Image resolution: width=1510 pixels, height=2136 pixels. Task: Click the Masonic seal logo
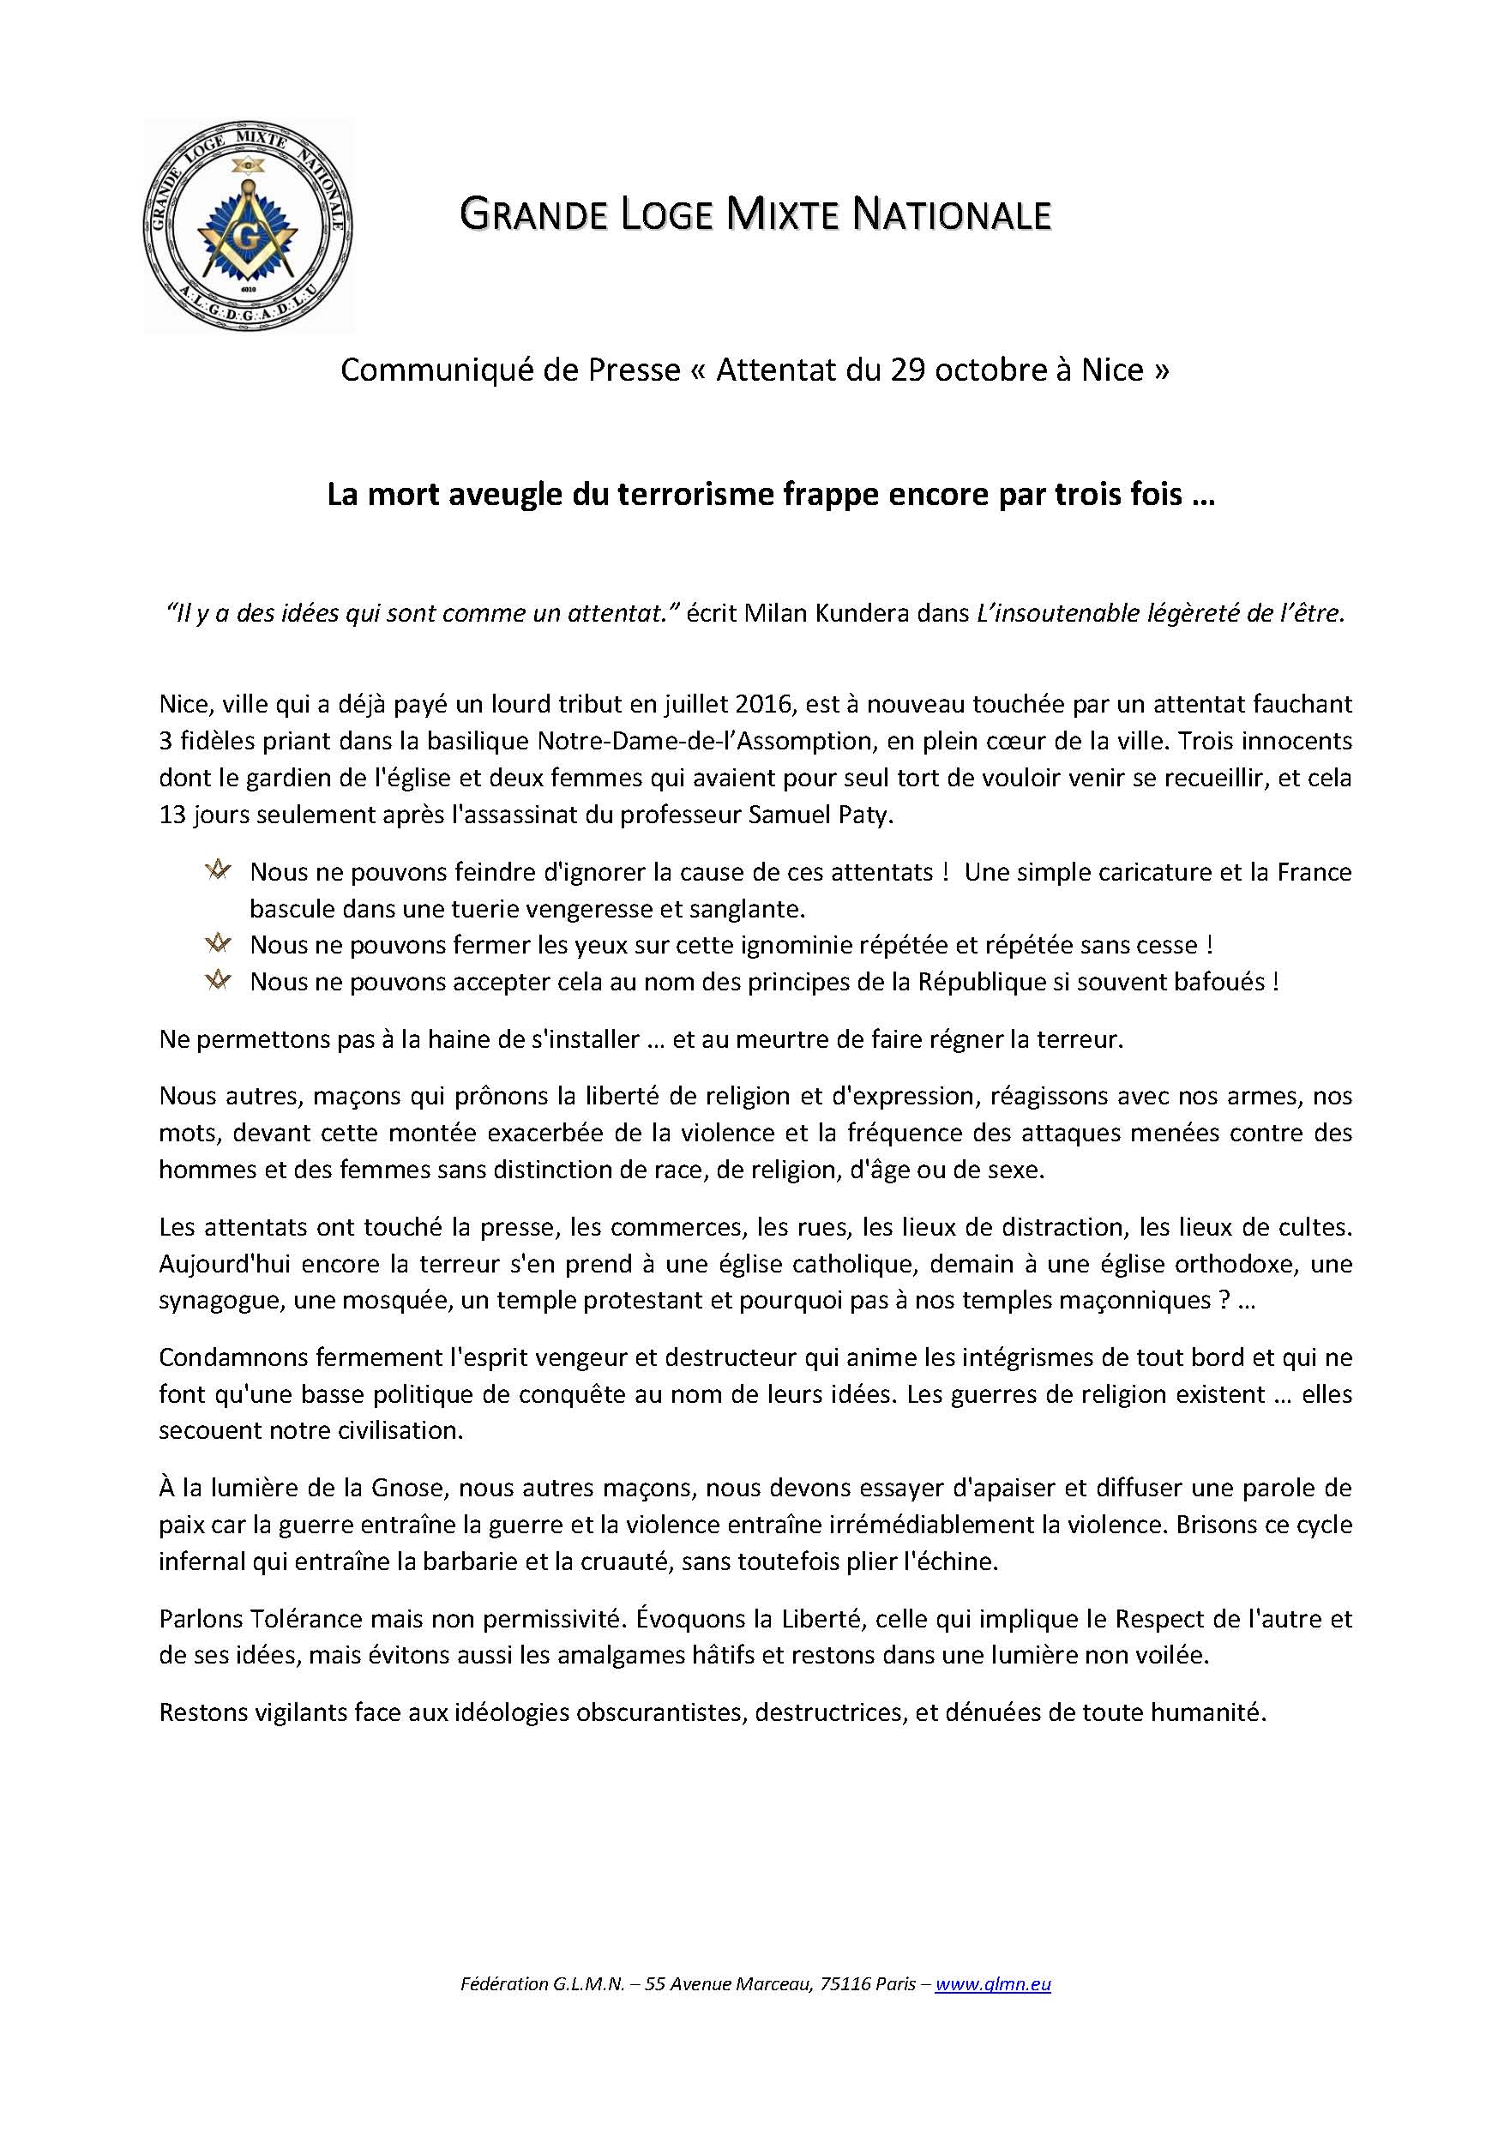(x=249, y=227)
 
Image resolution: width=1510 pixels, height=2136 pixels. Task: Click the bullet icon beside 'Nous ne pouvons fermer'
(x=218, y=944)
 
